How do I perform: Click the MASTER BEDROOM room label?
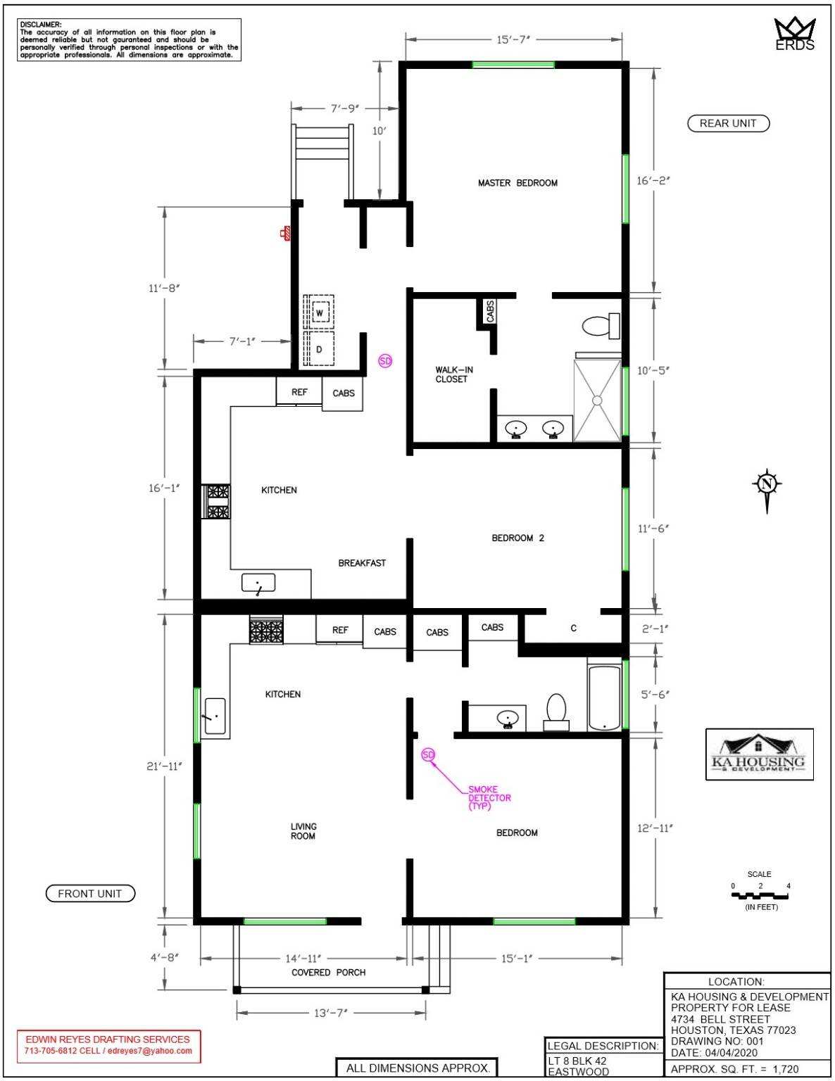click(517, 183)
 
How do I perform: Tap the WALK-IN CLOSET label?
click(453, 374)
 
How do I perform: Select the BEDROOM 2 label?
click(517, 538)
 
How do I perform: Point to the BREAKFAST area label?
click(362, 563)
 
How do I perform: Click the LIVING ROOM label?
click(303, 831)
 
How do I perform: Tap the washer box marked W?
click(320, 313)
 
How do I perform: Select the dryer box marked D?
click(320, 349)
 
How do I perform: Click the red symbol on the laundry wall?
click(286, 233)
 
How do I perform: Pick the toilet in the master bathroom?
click(600, 326)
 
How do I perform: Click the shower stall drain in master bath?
click(597, 400)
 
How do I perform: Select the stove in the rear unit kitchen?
click(217, 501)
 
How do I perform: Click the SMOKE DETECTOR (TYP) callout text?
click(489, 798)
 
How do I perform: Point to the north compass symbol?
click(767, 485)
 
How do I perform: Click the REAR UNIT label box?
click(728, 124)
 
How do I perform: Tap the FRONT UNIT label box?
click(90, 894)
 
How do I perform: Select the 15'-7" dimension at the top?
click(513, 39)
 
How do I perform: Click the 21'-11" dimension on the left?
click(164, 766)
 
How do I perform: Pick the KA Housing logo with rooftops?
click(759, 754)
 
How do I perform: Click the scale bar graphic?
click(760, 896)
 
